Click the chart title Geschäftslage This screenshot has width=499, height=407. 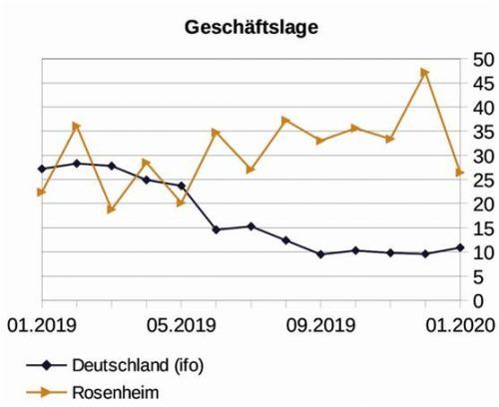pyautogui.click(x=251, y=27)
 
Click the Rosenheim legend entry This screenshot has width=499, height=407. pyautogui.click(x=111, y=390)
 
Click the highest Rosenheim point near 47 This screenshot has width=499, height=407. pyautogui.click(x=424, y=72)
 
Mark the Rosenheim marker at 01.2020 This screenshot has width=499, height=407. pyautogui.click(x=459, y=173)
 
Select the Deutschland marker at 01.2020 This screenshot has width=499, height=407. pyautogui.click(x=459, y=247)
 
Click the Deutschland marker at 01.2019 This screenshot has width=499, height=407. pyautogui.click(x=42, y=169)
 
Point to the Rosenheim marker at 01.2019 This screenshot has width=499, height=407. pyautogui.click(x=42, y=192)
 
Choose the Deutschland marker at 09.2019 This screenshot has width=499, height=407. pyautogui.click(x=320, y=254)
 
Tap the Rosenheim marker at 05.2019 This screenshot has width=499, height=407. pyautogui.click(x=181, y=203)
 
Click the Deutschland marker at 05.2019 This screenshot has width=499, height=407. pyautogui.click(x=181, y=186)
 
